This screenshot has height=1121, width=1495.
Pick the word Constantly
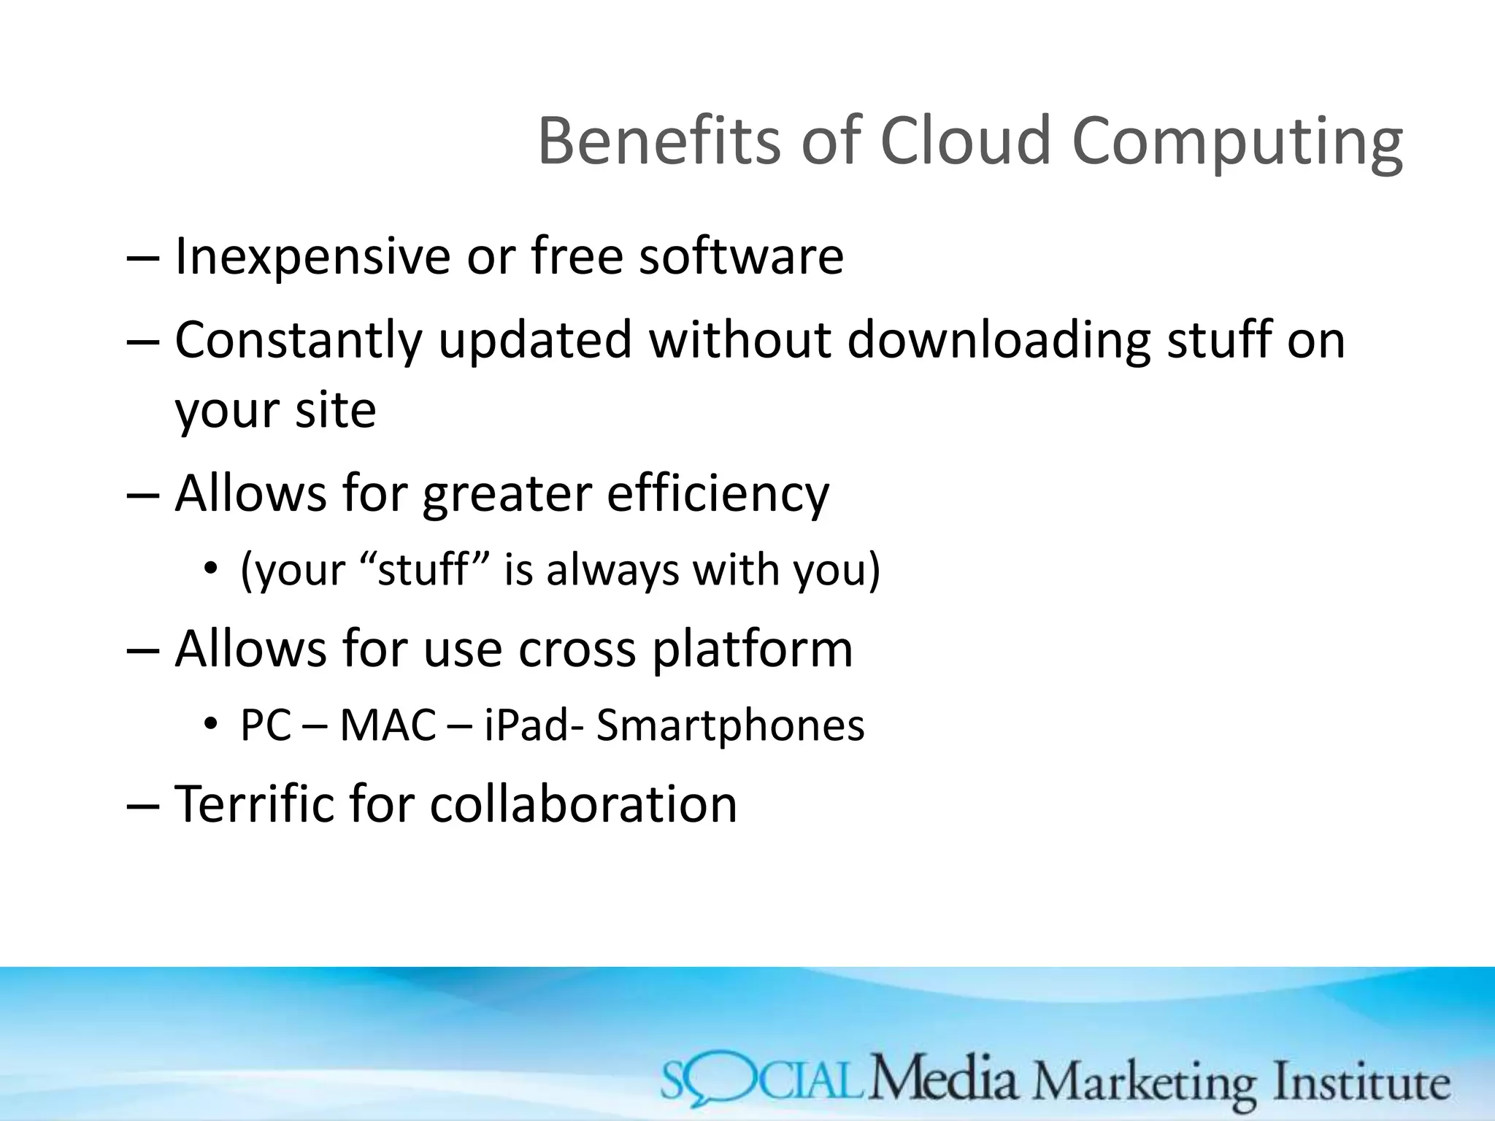click(299, 341)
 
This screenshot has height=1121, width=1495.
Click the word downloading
click(999, 341)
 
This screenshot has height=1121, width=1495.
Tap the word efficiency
click(718, 495)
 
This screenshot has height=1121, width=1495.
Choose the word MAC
click(388, 726)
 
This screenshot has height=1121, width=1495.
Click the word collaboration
click(583, 804)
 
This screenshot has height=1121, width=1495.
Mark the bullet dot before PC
click(212, 725)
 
